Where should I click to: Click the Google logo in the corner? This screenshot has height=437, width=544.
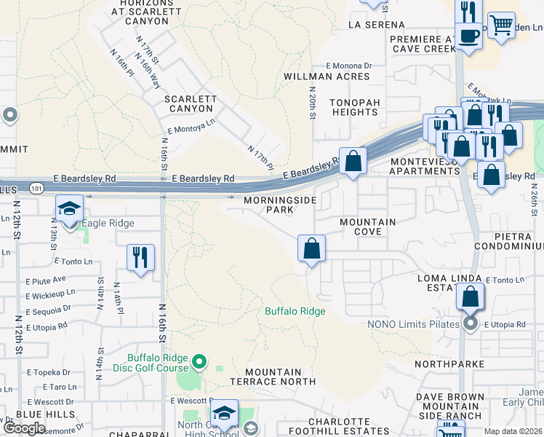24,428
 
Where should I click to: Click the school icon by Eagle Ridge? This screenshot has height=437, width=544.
68,210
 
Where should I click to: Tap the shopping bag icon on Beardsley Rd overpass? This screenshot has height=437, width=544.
353,162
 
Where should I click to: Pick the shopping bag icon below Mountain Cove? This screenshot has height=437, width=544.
311,249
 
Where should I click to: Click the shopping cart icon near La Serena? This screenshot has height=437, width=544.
501,26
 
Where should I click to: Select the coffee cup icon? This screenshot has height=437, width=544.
469,36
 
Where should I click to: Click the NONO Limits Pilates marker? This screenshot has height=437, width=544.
470,323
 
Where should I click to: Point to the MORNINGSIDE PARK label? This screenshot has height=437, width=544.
269,205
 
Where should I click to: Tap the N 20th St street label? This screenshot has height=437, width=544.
311,103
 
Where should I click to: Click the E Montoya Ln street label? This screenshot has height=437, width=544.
191,127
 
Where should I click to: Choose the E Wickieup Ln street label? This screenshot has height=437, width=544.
50,293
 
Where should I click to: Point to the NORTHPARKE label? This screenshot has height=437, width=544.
449,363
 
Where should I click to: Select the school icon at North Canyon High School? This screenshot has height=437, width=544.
225,413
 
